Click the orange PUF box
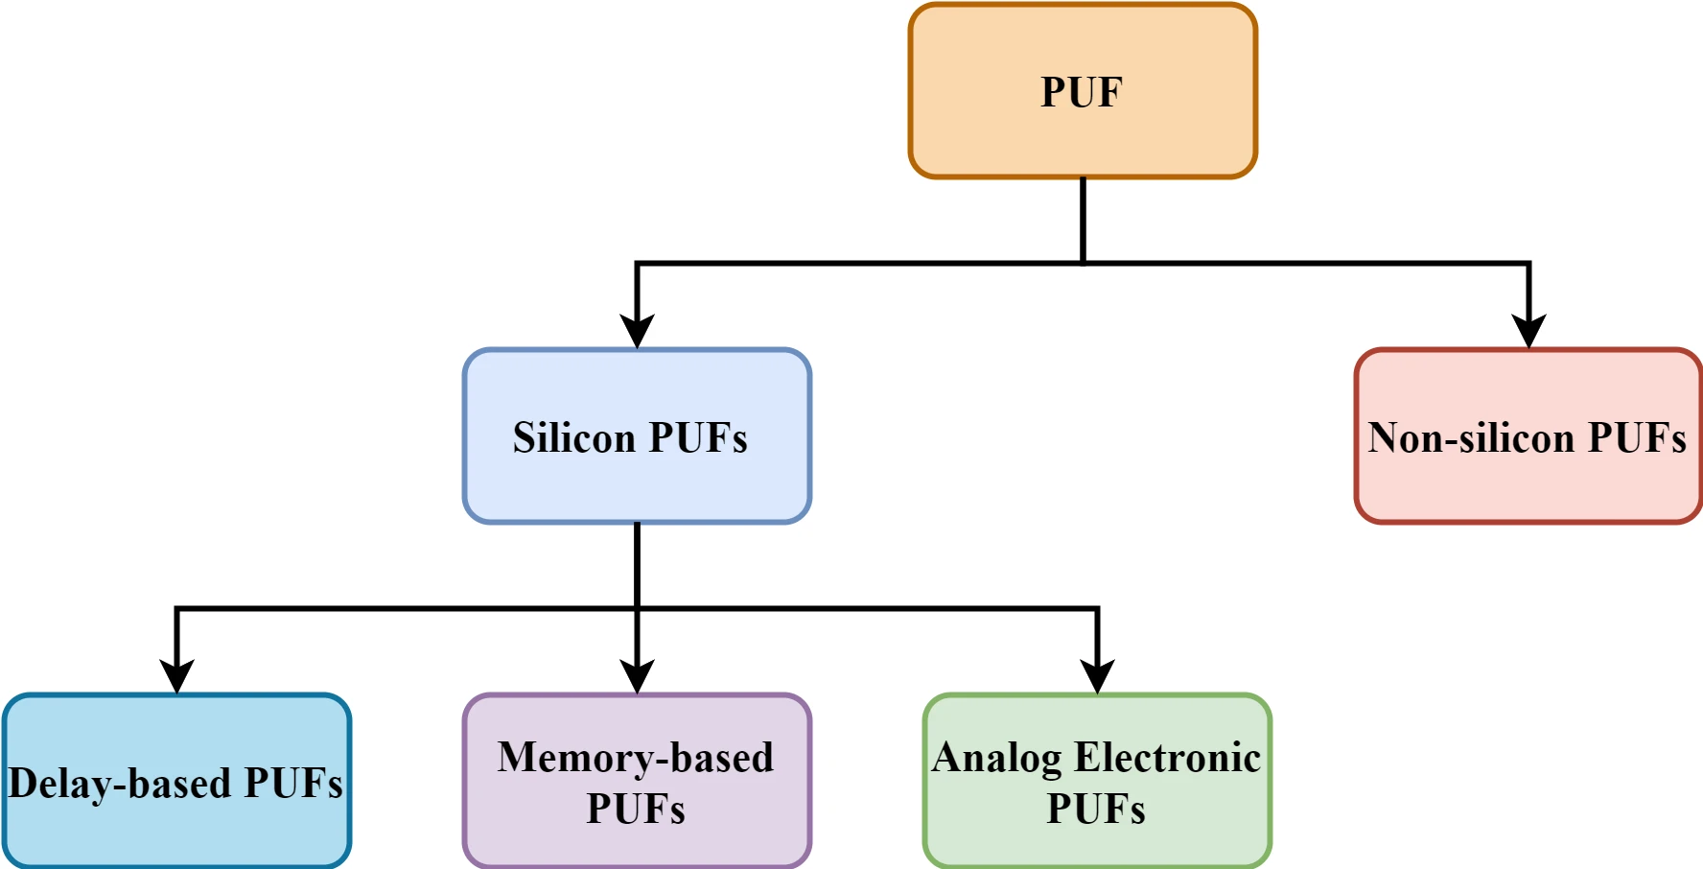click(1083, 91)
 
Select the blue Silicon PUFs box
click(637, 436)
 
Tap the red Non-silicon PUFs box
click(1528, 436)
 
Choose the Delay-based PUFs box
click(176, 782)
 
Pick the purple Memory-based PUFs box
click(637, 782)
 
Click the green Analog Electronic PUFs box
click(1097, 782)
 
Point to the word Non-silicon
click(1471, 438)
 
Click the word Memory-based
click(635, 758)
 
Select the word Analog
click(996, 758)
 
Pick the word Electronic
click(1167, 758)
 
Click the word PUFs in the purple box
click(636, 809)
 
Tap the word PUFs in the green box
click(1096, 809)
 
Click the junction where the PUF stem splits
click(1083, 263)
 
